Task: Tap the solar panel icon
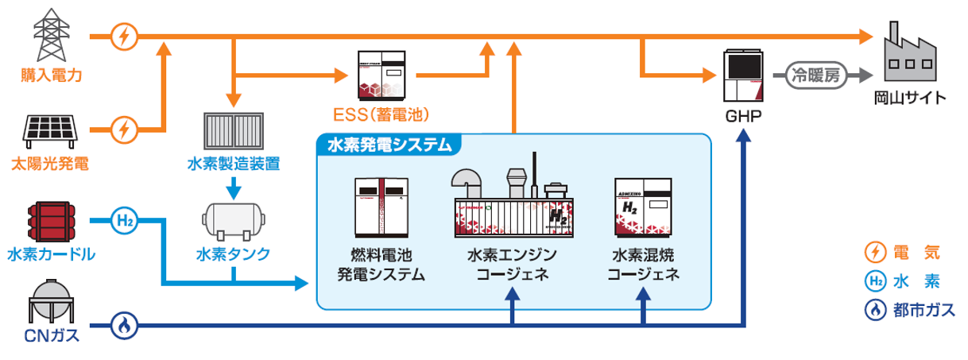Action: [52, 129]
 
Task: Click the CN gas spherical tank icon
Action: [52, 300]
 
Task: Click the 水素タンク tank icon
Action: [233, 220]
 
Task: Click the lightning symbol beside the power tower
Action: [126, 36]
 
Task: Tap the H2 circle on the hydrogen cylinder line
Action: [126, 220]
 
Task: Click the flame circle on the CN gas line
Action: [126, 324]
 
